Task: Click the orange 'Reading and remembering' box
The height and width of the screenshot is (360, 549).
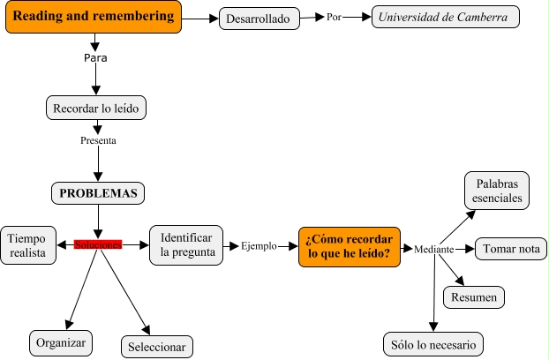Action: (x=93, y=17)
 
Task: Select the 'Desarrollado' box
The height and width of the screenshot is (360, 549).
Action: (x=257, y=19)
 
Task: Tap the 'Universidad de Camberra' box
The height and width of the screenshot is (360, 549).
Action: (x=446, y=18)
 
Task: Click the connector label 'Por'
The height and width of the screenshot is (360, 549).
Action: (x=334, y=17)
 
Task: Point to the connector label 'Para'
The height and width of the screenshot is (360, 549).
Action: (x=95, y=57)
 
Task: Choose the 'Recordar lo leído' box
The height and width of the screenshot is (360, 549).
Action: (x=95, y=109)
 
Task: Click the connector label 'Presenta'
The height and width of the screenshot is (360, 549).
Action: (x=97, y=139)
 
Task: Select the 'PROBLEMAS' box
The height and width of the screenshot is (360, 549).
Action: (x=97, y=192)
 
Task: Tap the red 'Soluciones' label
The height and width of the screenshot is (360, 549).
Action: (x=97, y=244)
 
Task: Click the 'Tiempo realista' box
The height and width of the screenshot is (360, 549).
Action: (x=28, y=244)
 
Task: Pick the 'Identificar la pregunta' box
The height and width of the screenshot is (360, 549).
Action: (x=185, y=244)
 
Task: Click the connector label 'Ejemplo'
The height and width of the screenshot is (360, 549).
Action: (x=259, y=246)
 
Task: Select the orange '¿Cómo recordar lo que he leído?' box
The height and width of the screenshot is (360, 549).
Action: (x=350, y=245)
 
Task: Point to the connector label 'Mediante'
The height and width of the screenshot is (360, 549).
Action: (x=433, y=251)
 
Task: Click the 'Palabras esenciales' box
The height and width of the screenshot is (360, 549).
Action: (x=496, y=191)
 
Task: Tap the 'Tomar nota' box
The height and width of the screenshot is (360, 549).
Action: (x=510, y=249)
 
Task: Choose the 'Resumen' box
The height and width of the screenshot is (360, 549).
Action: (x=474, y=298)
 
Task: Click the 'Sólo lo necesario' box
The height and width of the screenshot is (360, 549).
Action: (x=432, y=343)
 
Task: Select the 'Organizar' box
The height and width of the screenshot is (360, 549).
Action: (x=61, y=341)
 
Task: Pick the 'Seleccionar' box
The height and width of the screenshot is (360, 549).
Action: (x=155, y=346)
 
